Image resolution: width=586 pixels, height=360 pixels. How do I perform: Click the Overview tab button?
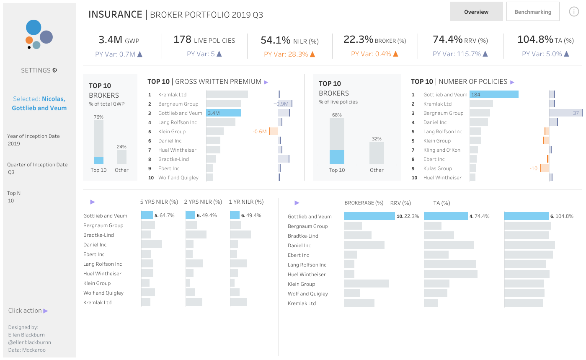click(x=476, y=11)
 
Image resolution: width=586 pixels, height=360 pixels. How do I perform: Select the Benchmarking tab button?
click(x=533, y=11)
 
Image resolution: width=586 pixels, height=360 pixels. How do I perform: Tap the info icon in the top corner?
click(x=574, y=12)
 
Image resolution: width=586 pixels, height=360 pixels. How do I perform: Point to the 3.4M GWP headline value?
click(x=110, y=40)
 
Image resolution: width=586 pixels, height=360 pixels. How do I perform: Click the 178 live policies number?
click(x=182, y=39)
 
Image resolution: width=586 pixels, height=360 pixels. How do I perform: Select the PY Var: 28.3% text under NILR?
click(x=289, y=54)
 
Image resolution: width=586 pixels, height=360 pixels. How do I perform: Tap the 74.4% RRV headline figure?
click(x=447, y=39)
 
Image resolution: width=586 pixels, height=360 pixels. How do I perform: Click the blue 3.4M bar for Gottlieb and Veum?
click(x=223, y=113)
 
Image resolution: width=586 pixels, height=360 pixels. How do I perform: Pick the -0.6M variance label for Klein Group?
click(x=260, y=132)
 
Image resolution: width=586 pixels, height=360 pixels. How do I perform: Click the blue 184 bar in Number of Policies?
click(x=494, y=95)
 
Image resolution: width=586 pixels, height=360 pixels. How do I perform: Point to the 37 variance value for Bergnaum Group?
click(x=576, y=113)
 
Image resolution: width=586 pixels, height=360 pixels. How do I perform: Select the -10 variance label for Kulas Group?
click(x=534, y=168)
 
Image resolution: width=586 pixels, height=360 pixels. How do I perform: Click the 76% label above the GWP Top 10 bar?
click(x=98, y=117)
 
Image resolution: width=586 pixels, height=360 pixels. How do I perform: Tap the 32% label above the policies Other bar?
click(x=377, y=138)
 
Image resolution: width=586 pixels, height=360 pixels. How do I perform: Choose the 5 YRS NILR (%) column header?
click(x=159, y=202)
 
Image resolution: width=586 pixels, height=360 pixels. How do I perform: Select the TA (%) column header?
click(x=441, y=203)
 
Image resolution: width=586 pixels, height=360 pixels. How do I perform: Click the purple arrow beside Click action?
click(x=46, y=311)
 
